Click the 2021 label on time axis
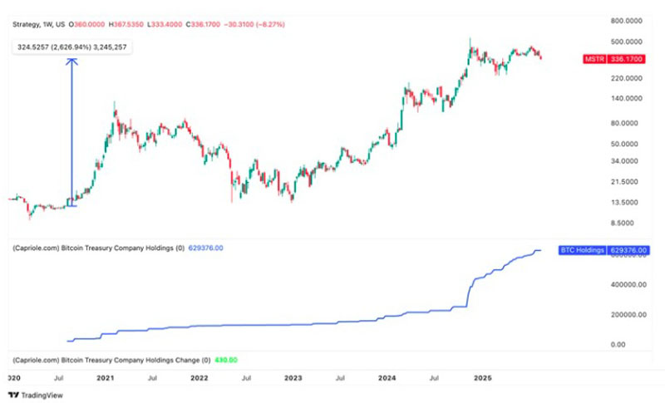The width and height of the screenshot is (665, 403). click(x=105, y=378)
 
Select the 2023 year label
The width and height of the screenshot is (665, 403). click(x=293, y=378)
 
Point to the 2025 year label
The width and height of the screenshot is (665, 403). click(x=480, y=378)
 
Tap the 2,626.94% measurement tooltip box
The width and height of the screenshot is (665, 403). click(x=72, y=47)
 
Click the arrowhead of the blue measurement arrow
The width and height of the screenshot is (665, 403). click(x=71, y=60)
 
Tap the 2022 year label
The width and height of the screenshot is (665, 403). click(x=199, y=378)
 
